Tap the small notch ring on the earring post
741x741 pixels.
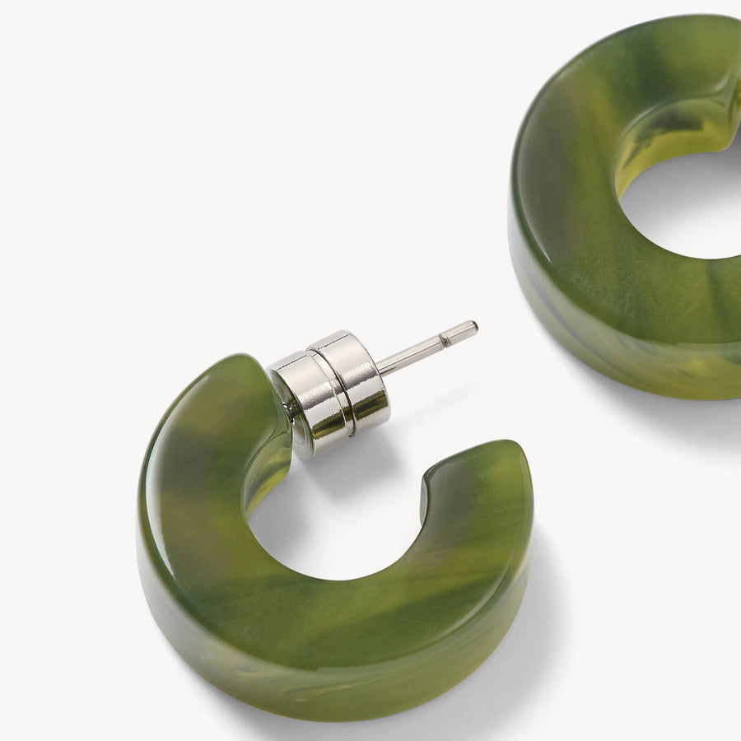pyautogui.click(x=445, y=338)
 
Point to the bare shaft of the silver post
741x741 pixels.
pyautogui.click(x=412, y=354)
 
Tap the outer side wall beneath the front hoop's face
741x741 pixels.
pyautogui.click(x=329, y=667)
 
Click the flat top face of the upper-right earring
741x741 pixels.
pyautogui.click(x=576, y=165)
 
